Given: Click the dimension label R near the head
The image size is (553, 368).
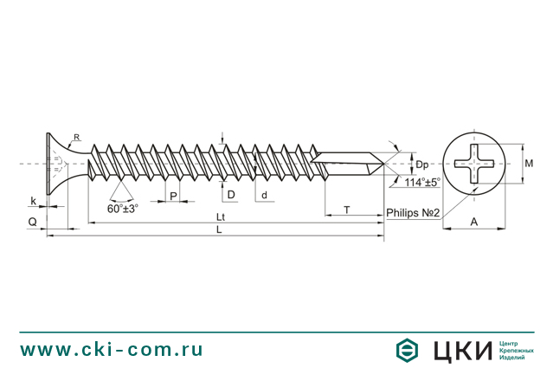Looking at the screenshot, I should (76, 138).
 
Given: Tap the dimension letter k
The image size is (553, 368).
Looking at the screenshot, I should (34, 201).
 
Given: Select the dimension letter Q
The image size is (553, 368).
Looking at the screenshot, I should (32, 223).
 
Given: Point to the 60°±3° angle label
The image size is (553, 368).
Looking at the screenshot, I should (123, 209).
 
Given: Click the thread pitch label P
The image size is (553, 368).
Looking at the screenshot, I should (173, 197).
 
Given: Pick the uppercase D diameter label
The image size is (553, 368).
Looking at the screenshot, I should (231, 195).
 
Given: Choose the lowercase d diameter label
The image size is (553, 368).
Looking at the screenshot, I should (264, 195).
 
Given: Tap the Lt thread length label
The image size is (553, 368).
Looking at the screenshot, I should (221, 216).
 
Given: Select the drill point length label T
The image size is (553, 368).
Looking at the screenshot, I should (346, 210).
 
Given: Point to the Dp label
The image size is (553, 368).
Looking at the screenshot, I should (421, 165).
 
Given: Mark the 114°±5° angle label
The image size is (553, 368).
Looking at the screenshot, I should (421, 183).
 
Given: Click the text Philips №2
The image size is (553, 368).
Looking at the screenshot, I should (414, 213).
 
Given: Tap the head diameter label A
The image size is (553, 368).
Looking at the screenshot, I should (474, 223).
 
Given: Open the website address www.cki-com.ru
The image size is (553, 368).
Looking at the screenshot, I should (112, 350).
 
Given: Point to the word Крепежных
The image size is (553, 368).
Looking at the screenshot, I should (517, 351).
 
